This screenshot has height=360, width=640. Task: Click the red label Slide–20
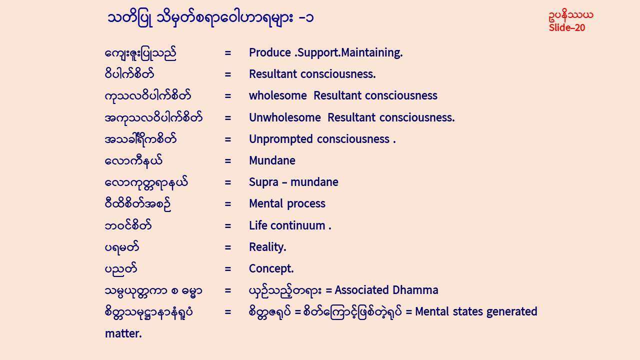click(567, 27)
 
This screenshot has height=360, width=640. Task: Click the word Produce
click(270, 52)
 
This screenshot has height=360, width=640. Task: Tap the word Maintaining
click(371, 53)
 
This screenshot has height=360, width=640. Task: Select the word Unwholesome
click(285, 117)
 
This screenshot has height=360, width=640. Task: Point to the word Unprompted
click(281, 139)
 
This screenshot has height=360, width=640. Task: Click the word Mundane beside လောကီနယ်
click(272, 160)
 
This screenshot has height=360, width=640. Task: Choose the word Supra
click(263, 182)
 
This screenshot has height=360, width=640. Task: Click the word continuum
click(298, 225)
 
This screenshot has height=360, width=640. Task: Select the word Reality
click(267, 247)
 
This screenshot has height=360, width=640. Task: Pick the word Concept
click(271, 269)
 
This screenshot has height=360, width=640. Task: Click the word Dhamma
click(415, 290)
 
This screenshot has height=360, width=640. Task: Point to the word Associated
click(362, 290)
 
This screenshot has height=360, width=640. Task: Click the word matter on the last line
click(123, 333)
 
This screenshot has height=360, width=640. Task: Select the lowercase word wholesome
click(277, 95)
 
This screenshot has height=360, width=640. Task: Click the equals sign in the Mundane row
click(227, 161)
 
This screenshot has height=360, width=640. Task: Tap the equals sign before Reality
click(227, 247)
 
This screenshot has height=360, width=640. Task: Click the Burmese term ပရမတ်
click(122, 247)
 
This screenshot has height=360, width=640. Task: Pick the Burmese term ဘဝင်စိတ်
click(128, 225)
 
